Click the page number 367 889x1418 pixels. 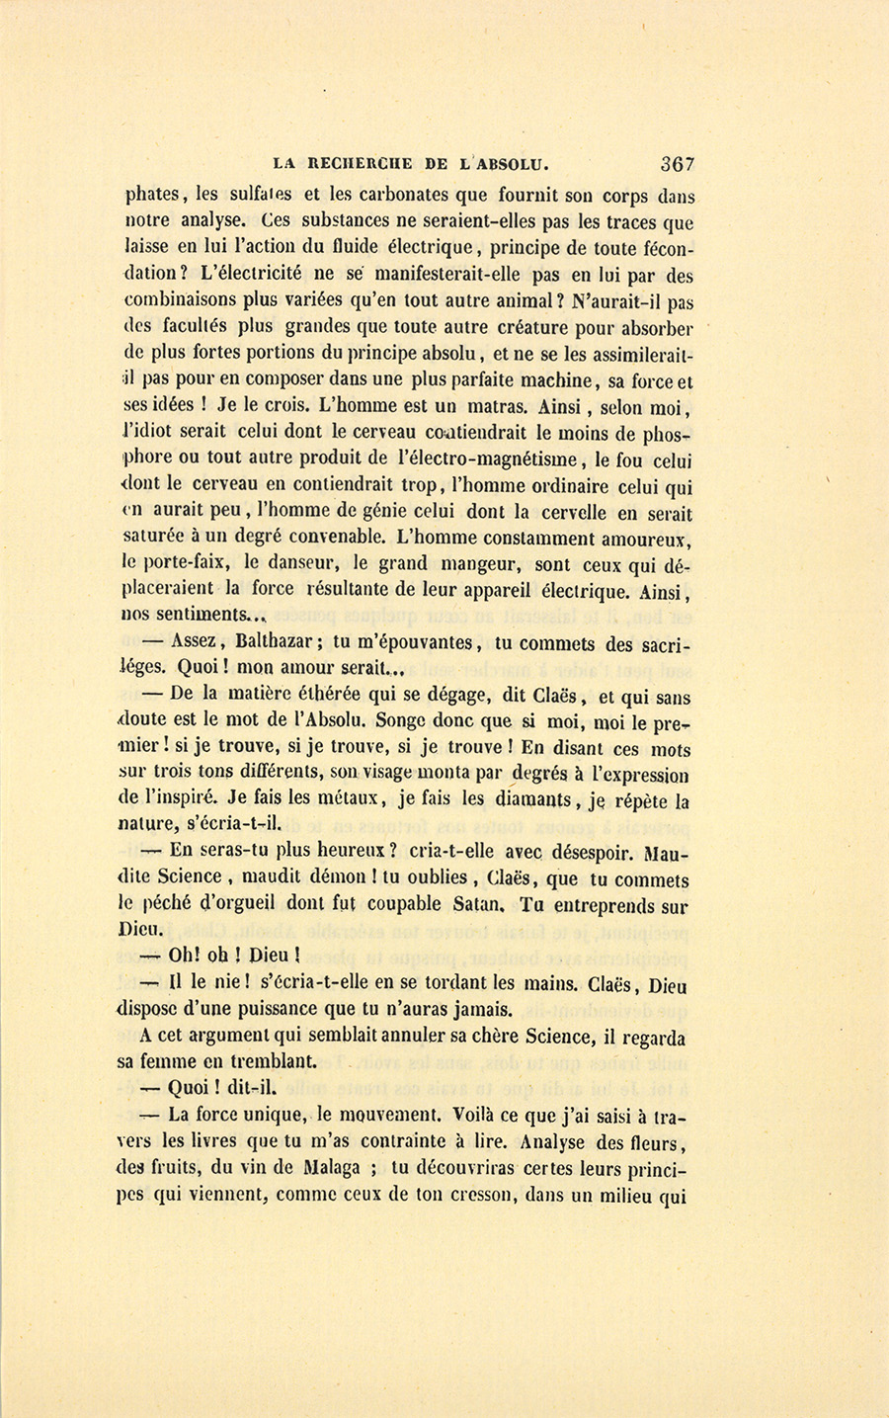tap(678, 164)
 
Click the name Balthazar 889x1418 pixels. tap(270, 642)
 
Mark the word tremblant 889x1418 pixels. tap(268, 1061)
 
